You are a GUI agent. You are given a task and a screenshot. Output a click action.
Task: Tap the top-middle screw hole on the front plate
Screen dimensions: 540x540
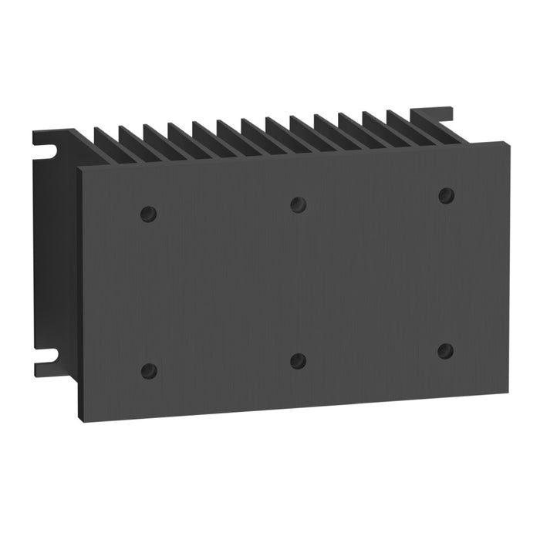pyautogui.click(x=298, y=204)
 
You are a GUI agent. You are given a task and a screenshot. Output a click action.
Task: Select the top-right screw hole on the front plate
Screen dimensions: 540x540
pyautogui.click(x=445, y=195)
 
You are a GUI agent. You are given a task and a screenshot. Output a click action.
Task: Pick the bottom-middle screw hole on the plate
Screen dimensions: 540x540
pyautogui.click(x=298, y=360)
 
